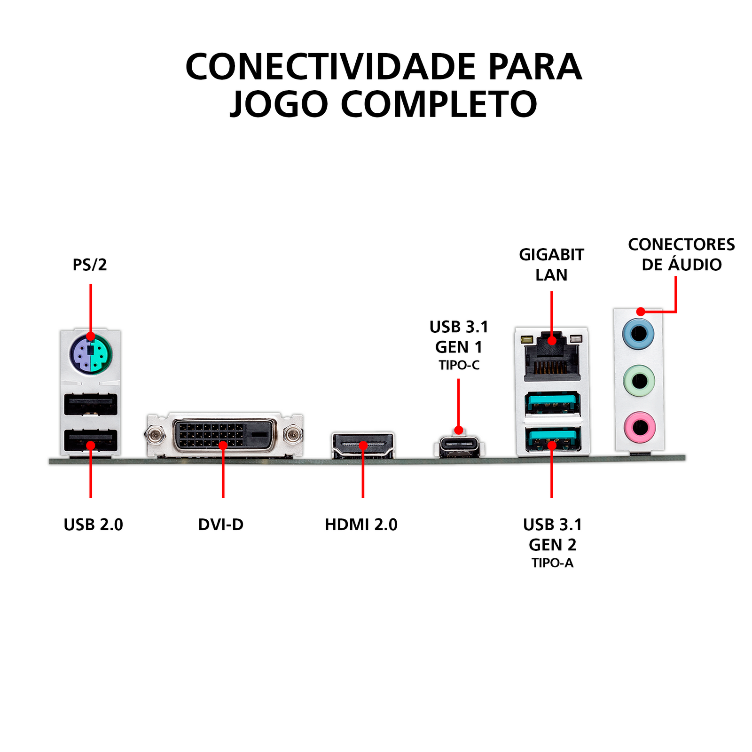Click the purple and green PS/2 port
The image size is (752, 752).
pyautogui.click(x=91, y=353)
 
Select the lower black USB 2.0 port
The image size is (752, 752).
pyautogui.click(x=91, y=440)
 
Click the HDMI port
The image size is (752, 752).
pyautogui.click(x=363, y=445)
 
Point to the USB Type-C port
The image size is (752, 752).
pyautogui.click(x=459, y=447)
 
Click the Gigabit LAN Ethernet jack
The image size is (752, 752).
pyautogui.click(x=552, y=356)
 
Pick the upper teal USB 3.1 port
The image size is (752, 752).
pyautogui.click(x=552, y=403)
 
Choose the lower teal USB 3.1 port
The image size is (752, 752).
pyautogui.click(x=552, y=439)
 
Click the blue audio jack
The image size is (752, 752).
pyautogui.click(x=638, y=334)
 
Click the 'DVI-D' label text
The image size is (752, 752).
pyautogui.click(x=221, y=525)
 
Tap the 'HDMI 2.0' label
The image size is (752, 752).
pyautogui.click(x=361, y=525)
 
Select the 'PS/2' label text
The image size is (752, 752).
pyautogui.click(x=90, y=265)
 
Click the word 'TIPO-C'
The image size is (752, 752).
pyautogui.click(x=459, y=365)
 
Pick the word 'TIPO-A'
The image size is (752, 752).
pyautogui.click(x=552, y=563)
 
